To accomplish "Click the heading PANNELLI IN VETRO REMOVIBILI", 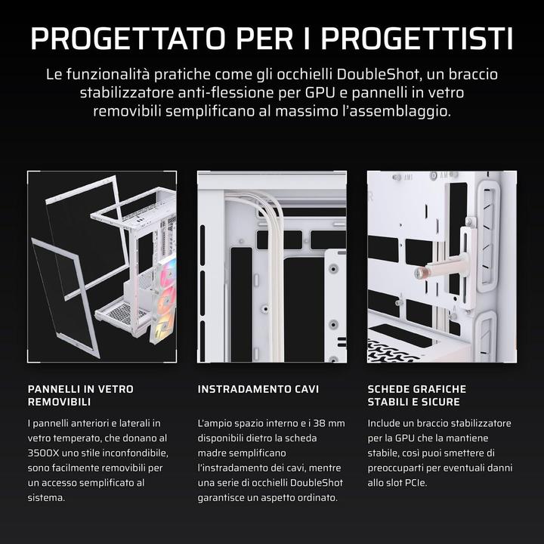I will click(x=80, y=395).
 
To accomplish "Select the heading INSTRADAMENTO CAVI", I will click(x=258, y=389).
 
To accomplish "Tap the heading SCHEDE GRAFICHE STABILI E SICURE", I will click(x=416, y=395).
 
